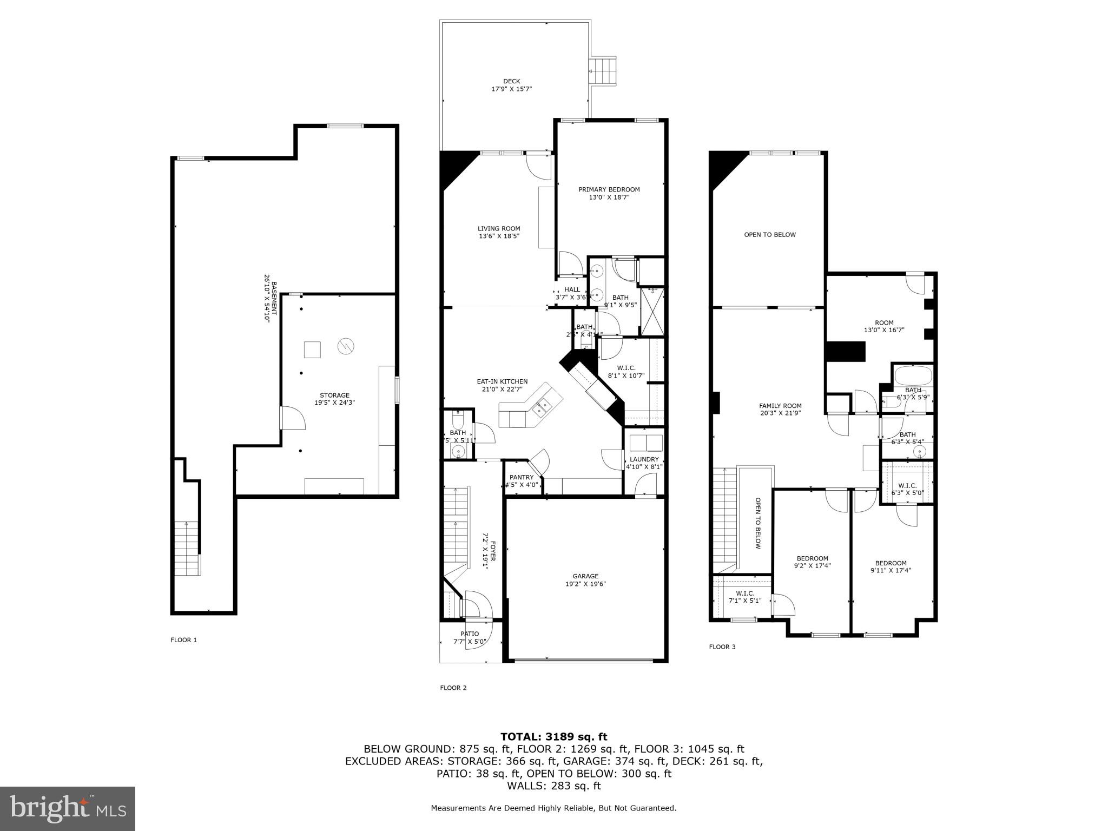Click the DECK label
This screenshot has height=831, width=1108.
click(x=511, y=82)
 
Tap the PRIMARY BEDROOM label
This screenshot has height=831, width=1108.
click(x=609, y=189)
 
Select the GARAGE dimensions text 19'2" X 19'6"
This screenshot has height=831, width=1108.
click(x=585, y=584)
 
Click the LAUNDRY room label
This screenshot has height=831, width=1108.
click(x=644, y=459)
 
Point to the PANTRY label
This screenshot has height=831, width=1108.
click(x=521, y=477)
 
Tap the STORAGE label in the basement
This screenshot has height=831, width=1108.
click(x=334, y=395)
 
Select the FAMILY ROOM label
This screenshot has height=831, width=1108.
click(x=780, y=406)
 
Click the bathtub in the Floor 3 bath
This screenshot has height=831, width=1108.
click(x=913, y=375)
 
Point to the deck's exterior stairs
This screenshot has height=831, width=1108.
click(x=603, y=70)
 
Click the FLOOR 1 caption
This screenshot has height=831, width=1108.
click(x=184, y=640)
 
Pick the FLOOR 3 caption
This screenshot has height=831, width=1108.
click(x=722, y=647)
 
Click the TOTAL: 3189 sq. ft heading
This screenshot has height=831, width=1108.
click(x=553, y=736)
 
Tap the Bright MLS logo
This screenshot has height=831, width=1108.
click(x=68, y=808)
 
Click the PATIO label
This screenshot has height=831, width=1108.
click(x=470, y=634)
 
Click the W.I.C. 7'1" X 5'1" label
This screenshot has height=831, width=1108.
click(x=744, y=593)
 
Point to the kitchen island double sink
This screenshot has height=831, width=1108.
click(x=542, y=407)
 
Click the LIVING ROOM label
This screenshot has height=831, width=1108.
click(x=498, y=228)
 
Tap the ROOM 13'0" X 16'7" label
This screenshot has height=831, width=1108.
click(x=884, y=323)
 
